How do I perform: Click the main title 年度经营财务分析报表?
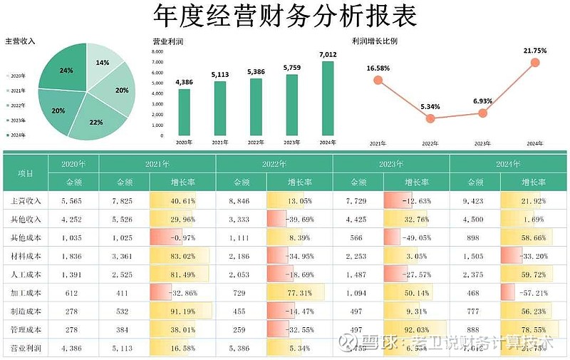point(285,16)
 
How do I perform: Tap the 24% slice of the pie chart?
point(66,71)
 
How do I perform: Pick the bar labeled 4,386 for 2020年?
point(185,111)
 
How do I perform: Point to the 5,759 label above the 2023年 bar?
point(291,68)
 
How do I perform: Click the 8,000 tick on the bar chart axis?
point(158,52)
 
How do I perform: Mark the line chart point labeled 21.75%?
point(535,63)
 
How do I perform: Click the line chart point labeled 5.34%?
point(430,118)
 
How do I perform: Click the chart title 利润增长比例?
point(375,41)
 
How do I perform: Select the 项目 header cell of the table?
point(26,173)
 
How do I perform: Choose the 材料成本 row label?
point(26,256)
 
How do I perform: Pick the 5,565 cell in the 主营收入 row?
point(73,201)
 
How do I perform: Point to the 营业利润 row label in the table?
point(26,349)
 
